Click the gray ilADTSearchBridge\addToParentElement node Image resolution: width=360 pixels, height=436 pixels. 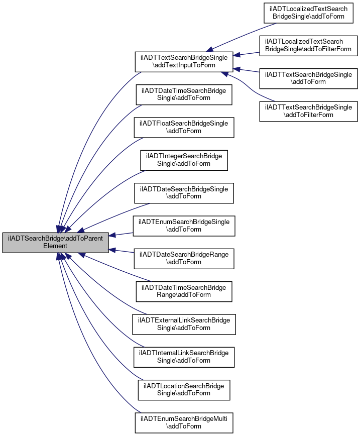point(55,243)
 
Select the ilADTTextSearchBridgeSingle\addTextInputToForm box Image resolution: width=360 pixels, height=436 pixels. point(184,61)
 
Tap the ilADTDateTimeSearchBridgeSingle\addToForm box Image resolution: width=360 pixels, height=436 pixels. point(184,94)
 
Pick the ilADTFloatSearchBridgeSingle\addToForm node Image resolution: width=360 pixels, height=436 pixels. point(184,128)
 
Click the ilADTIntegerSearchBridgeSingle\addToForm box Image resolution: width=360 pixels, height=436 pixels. point(184,160)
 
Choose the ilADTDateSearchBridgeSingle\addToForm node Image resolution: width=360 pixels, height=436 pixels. point(184,193)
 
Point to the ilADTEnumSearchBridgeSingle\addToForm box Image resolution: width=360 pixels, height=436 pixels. point(184,226)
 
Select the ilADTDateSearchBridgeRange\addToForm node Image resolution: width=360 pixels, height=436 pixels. point(184,259)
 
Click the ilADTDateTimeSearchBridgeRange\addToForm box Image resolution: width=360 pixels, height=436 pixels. point(184,291)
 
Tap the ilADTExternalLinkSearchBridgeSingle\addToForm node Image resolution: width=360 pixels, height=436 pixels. point(184,324)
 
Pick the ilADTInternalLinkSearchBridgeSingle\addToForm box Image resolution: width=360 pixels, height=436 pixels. point(184,357)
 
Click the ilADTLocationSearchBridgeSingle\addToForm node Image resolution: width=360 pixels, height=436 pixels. point(184,390)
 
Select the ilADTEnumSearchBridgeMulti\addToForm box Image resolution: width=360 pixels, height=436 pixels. point(184,422)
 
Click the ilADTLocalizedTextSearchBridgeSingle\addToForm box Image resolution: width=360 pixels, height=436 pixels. point(308,13)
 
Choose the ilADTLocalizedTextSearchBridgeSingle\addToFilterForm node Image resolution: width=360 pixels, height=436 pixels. point(308,46)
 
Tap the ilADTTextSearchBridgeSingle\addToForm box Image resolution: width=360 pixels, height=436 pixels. point(308,78)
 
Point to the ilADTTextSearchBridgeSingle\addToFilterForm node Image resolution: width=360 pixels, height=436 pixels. point(308,111)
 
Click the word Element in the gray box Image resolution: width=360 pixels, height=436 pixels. point(55,246)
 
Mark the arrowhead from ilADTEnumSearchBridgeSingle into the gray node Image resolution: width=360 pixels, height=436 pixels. point(112,235)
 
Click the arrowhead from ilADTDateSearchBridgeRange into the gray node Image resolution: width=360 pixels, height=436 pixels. point(112,250)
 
